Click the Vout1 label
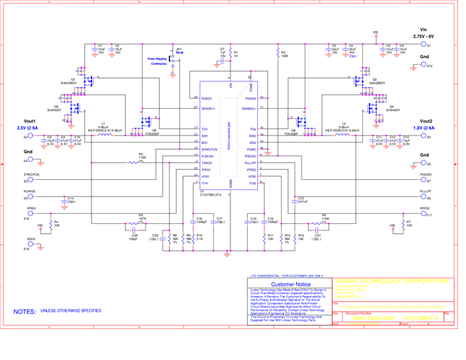pos(29,120)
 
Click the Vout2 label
pos(424,120)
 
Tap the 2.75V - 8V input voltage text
pos(423,35)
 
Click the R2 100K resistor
pos(277,54)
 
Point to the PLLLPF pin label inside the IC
pos(250,163)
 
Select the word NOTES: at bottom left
pos(25,311)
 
